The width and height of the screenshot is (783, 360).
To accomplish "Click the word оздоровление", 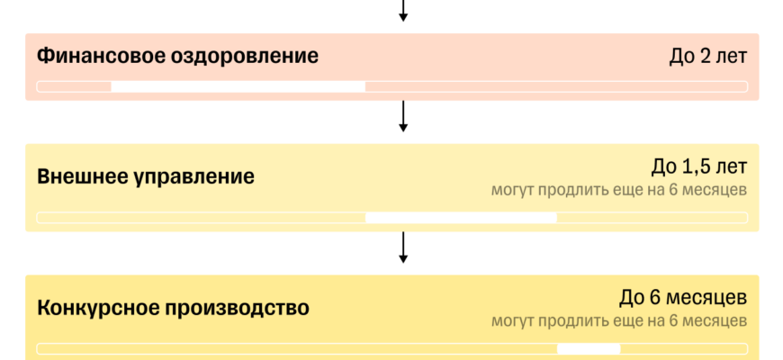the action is [x=245, y=57].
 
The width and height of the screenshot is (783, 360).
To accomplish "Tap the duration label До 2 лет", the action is [x=708, y=57].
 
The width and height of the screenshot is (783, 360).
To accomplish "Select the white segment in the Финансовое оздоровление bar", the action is [x=238, y=86].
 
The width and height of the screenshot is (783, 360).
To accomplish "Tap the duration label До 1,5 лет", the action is [x=699, y=166].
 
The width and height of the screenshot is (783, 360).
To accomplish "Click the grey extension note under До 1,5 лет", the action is [x=619, y=190].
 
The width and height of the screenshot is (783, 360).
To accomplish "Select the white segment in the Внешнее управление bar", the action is [x=461, y=218].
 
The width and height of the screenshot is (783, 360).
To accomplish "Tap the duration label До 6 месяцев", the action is [x=683, y=298].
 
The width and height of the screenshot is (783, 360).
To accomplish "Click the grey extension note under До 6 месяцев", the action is [x=619, y=321].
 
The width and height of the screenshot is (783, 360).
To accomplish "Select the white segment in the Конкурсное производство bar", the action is [x=589, y=348].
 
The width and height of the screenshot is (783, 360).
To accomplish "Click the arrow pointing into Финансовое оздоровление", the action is [x=403, y=11].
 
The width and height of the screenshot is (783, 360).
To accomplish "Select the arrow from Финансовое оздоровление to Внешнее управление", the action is [x=403, y=116].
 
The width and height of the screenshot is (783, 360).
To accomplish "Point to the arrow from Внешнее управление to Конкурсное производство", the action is [x=403, y=247].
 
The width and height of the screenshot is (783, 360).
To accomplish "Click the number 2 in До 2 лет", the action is [x=705, y=57].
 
